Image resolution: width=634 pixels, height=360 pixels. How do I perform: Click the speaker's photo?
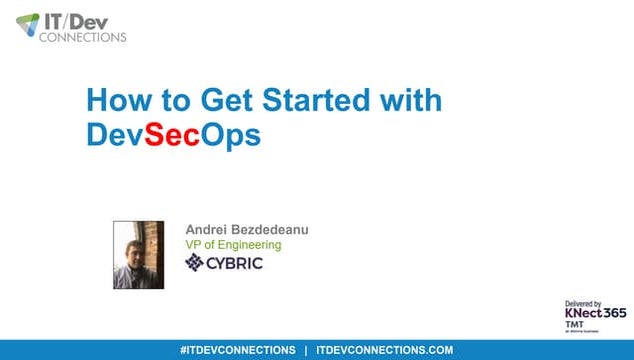(x=138, y=254)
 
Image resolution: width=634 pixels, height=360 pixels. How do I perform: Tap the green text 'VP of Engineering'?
(x=233, y=245)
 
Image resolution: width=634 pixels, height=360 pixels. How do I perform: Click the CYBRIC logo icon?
(x=195, y=263)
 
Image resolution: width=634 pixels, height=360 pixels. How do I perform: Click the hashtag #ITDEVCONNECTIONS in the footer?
(x=237, y=350)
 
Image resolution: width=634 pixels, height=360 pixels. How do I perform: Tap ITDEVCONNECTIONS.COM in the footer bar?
(x=384, y=350)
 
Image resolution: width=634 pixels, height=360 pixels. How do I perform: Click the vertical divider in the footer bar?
(x=306, y=350)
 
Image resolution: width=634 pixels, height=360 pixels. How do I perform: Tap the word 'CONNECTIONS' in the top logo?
(x=83, y=37)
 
